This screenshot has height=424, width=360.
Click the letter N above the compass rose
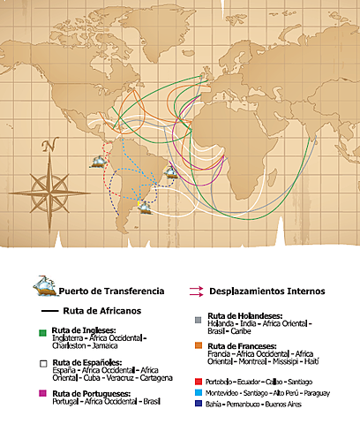(49, 146)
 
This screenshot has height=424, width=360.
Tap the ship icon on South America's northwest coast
(100, 162)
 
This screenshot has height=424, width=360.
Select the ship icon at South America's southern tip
(143, 207)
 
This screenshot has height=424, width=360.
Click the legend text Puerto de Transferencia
(110, 291)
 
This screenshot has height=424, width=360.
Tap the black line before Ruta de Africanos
(47, 312)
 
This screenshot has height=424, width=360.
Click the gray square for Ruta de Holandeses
(199, 317)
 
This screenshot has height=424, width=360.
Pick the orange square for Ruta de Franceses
(199, 346)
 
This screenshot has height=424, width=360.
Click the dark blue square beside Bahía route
(199, 404)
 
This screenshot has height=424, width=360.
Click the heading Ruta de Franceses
(243, 345)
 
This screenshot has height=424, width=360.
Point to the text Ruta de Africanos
(101, 312)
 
